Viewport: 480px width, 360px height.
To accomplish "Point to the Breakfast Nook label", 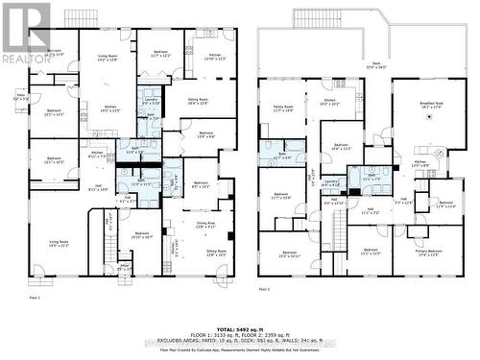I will pos(428,106).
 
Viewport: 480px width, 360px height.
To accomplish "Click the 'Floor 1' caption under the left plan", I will pos(36,299).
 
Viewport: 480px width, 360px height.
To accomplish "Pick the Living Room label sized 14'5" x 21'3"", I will pos(59,243).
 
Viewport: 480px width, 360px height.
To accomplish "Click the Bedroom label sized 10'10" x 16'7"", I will pos(142,234).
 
